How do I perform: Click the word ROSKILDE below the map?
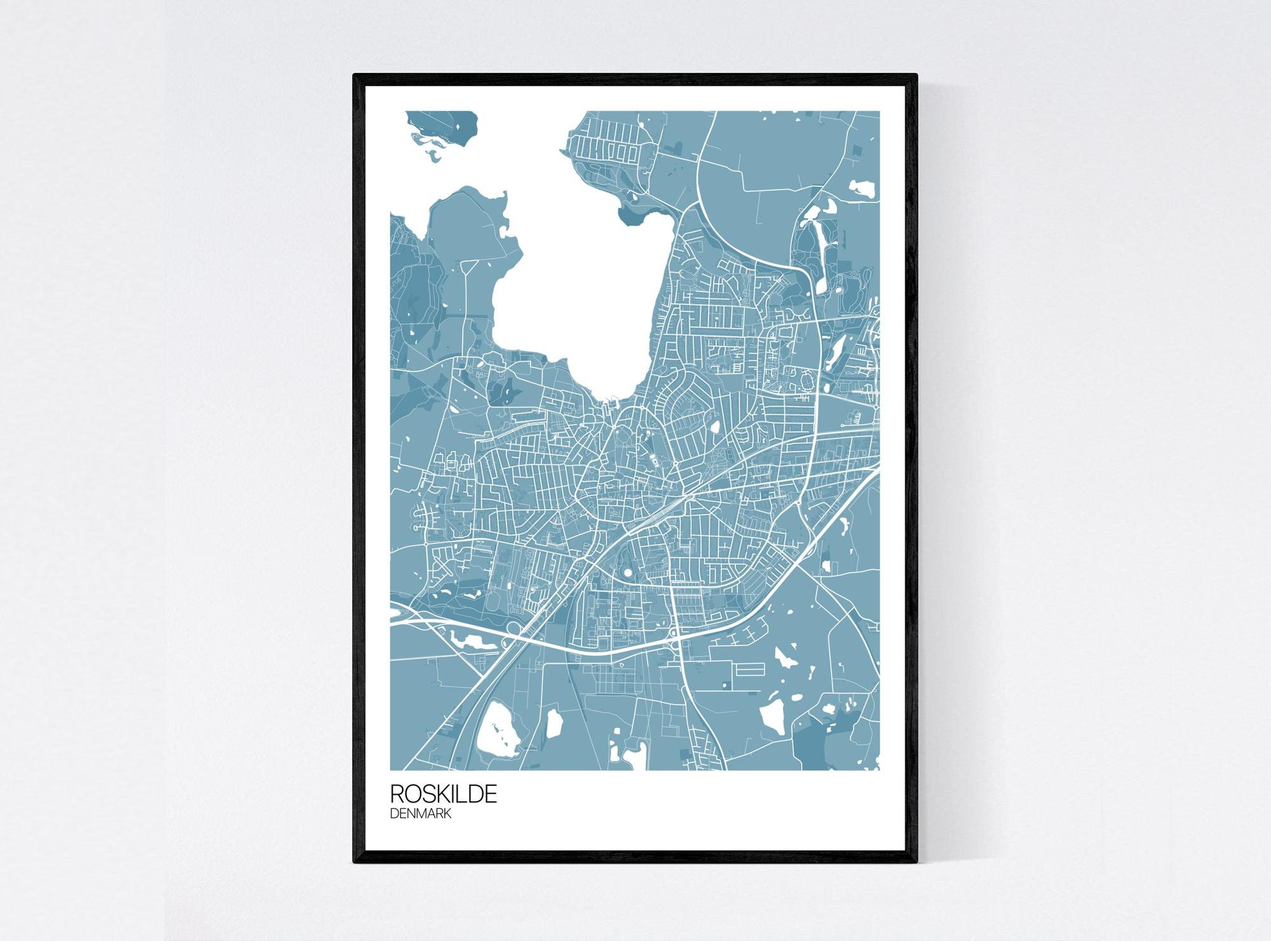pyautogui.click(x=444, y=794)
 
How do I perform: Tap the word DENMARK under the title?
pyautogui.click(x=421, y=814)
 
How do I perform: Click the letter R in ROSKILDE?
pyautogui.click(x=397, y=794)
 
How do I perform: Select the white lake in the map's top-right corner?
pyautogui.click(x=862, y=189)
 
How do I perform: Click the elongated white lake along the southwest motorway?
pyautogui.click(x=470, y=640)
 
